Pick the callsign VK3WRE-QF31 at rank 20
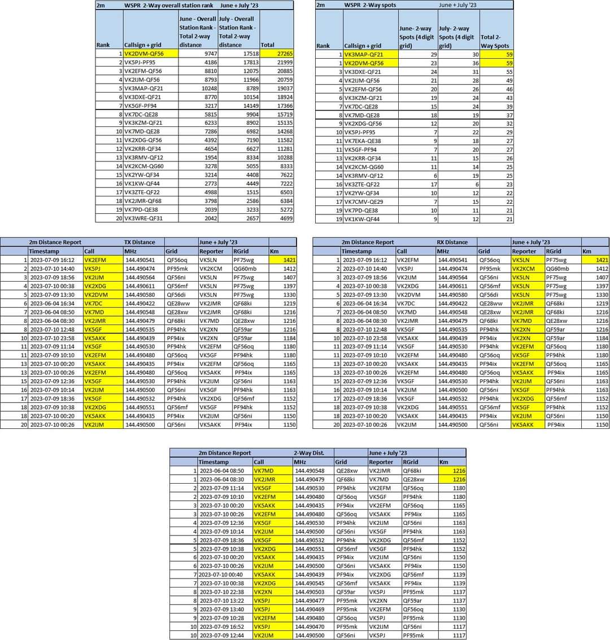pyautogui.click(x=143, y=218)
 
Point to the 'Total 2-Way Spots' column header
pyautogui.click(x=495, y=41)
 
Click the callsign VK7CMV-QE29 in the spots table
pyautogui.click(x=363, y=201)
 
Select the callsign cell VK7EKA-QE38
pyautogui.click(x=363, y=141)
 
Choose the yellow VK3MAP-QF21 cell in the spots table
pyautogui.click(x=363, y=54)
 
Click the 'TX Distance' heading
pyautogui.click(x=140, y=242)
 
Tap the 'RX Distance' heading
pyautogui.click(x=452, y=242)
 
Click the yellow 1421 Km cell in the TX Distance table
pyautogui.click(x=282, y=260)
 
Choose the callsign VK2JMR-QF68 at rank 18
pyautogui.click(x=143, y=201)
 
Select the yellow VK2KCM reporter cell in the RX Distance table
pyautogui.click(x=524, y=269)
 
